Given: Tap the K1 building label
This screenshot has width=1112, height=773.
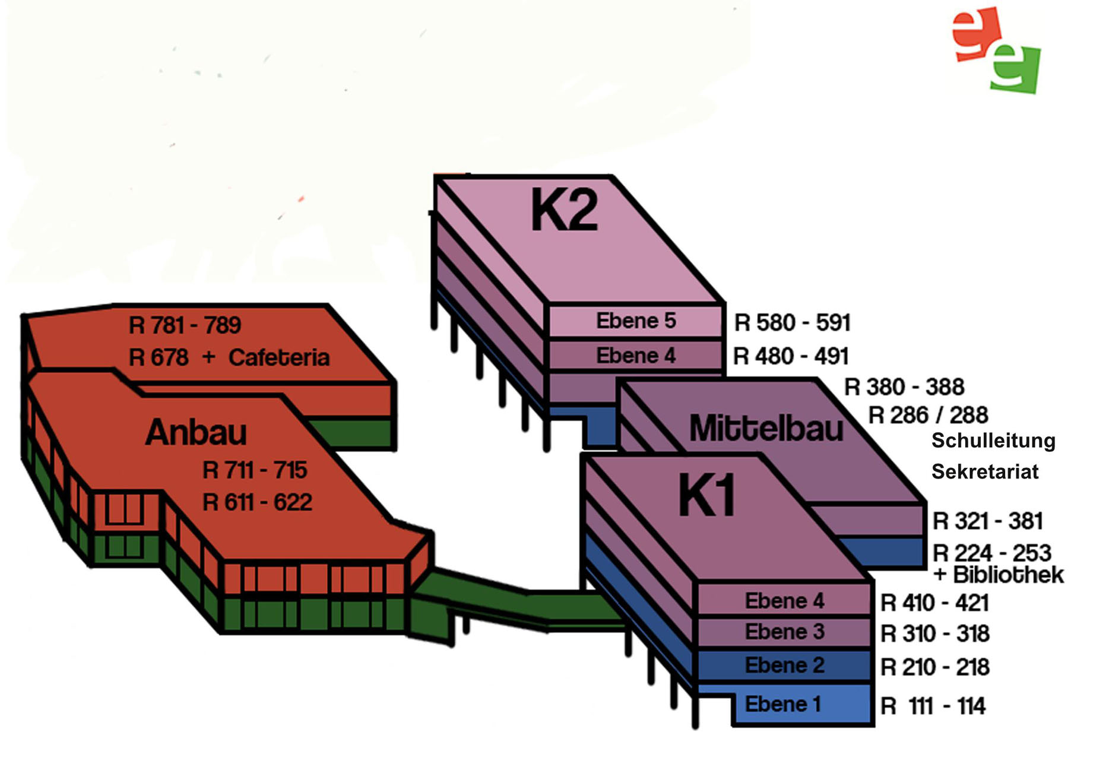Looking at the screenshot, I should [707, 495].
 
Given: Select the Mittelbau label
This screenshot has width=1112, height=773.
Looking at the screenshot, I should [766, 428].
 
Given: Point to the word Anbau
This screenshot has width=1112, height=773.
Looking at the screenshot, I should [196, 432].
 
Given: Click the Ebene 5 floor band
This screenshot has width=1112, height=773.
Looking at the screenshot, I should [635, 321].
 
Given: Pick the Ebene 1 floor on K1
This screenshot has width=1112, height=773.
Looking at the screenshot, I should [783, 704].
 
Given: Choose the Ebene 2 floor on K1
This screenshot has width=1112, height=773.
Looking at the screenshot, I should [784, 665].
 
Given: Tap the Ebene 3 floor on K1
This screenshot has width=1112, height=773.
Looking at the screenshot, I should [784, 632].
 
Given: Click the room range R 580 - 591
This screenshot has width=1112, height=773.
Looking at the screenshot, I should [792, 322].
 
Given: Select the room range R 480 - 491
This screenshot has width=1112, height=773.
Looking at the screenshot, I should [791, 356].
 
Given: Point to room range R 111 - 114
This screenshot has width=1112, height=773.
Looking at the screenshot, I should [933, 706].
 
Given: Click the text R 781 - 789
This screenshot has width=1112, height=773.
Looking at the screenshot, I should [185, 325].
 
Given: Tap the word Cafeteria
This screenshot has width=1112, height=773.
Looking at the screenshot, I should [279, 357].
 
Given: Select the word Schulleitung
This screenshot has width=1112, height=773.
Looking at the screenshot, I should [993, 441].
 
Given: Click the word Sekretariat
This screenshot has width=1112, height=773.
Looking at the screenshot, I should [985, 471].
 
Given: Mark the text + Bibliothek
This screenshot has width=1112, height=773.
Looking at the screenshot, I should [999, 575].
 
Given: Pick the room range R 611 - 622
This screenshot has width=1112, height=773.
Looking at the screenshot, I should [257, 502].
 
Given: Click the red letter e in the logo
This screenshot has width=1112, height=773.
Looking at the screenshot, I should [975, 34].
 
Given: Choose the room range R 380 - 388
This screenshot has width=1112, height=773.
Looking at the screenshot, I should [904, 387].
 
